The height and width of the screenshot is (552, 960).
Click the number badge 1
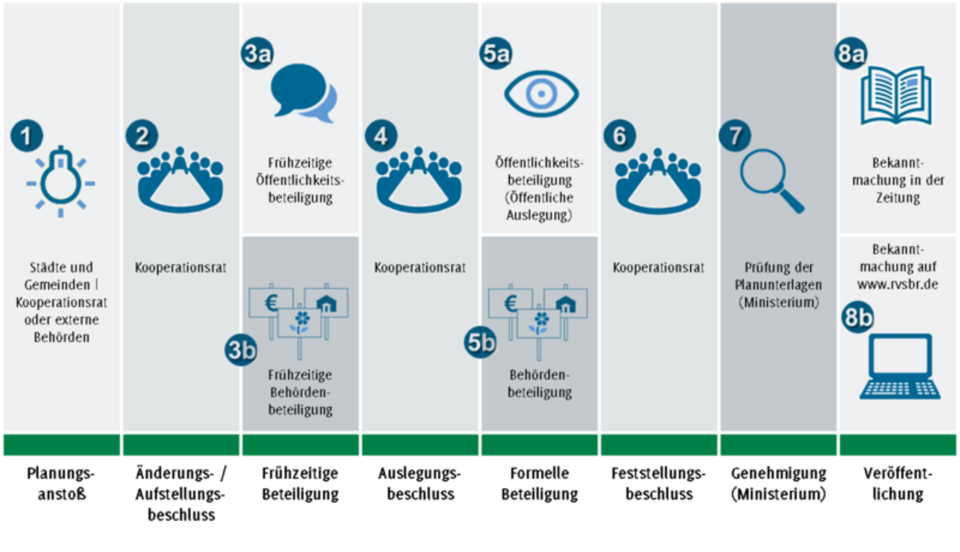click(27, 137)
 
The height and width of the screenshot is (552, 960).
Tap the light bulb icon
click(61, 178)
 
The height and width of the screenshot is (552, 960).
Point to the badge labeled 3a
click(257, 56)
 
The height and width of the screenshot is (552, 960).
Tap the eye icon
click(541, 94)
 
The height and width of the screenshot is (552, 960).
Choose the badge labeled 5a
click(496, 56)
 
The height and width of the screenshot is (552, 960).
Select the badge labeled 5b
click(481, 342)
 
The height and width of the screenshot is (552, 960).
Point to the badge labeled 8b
click(858, 319)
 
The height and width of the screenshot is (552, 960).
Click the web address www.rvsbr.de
click(898, 284)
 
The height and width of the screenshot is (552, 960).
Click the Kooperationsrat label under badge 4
click(420, 268)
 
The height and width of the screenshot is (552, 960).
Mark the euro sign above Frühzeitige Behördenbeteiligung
click(271, 300)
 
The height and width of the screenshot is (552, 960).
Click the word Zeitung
click(897, 197)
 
